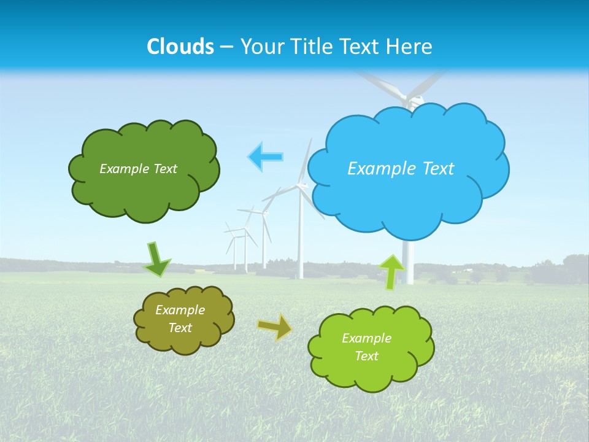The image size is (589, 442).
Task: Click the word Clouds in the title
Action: click(x=180, y=46)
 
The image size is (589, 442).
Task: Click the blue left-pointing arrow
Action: click(x=265, y=157)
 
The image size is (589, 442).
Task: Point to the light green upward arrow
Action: click(x=391, y=271)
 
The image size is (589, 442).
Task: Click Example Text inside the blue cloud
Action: click(x=401, y=168)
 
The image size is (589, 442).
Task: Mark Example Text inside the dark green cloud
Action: click(x=138, y=168)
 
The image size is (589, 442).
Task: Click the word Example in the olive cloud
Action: click(x=180, y=310)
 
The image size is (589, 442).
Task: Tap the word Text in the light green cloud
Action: click(x=366, y=356)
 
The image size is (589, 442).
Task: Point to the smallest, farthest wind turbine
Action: click(x=234, y=246)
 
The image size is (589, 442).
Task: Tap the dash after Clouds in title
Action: click(x=226, y=47)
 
